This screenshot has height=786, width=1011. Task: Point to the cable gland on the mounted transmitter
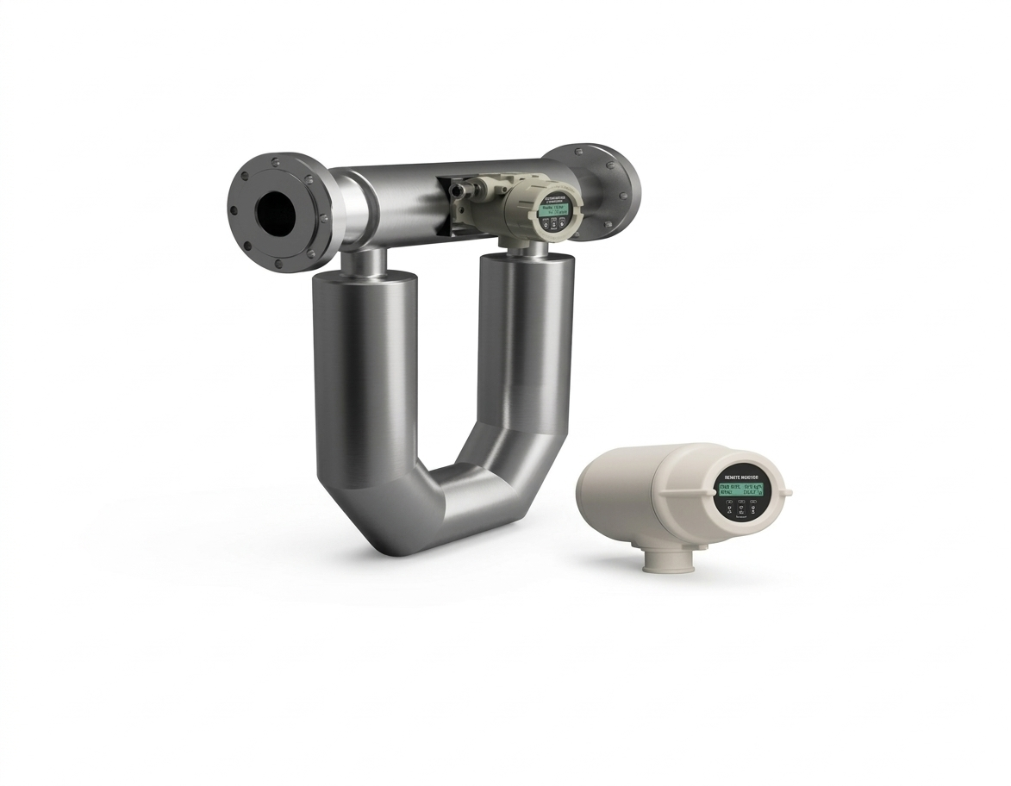pyautogui.click(x=472, y=186)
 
